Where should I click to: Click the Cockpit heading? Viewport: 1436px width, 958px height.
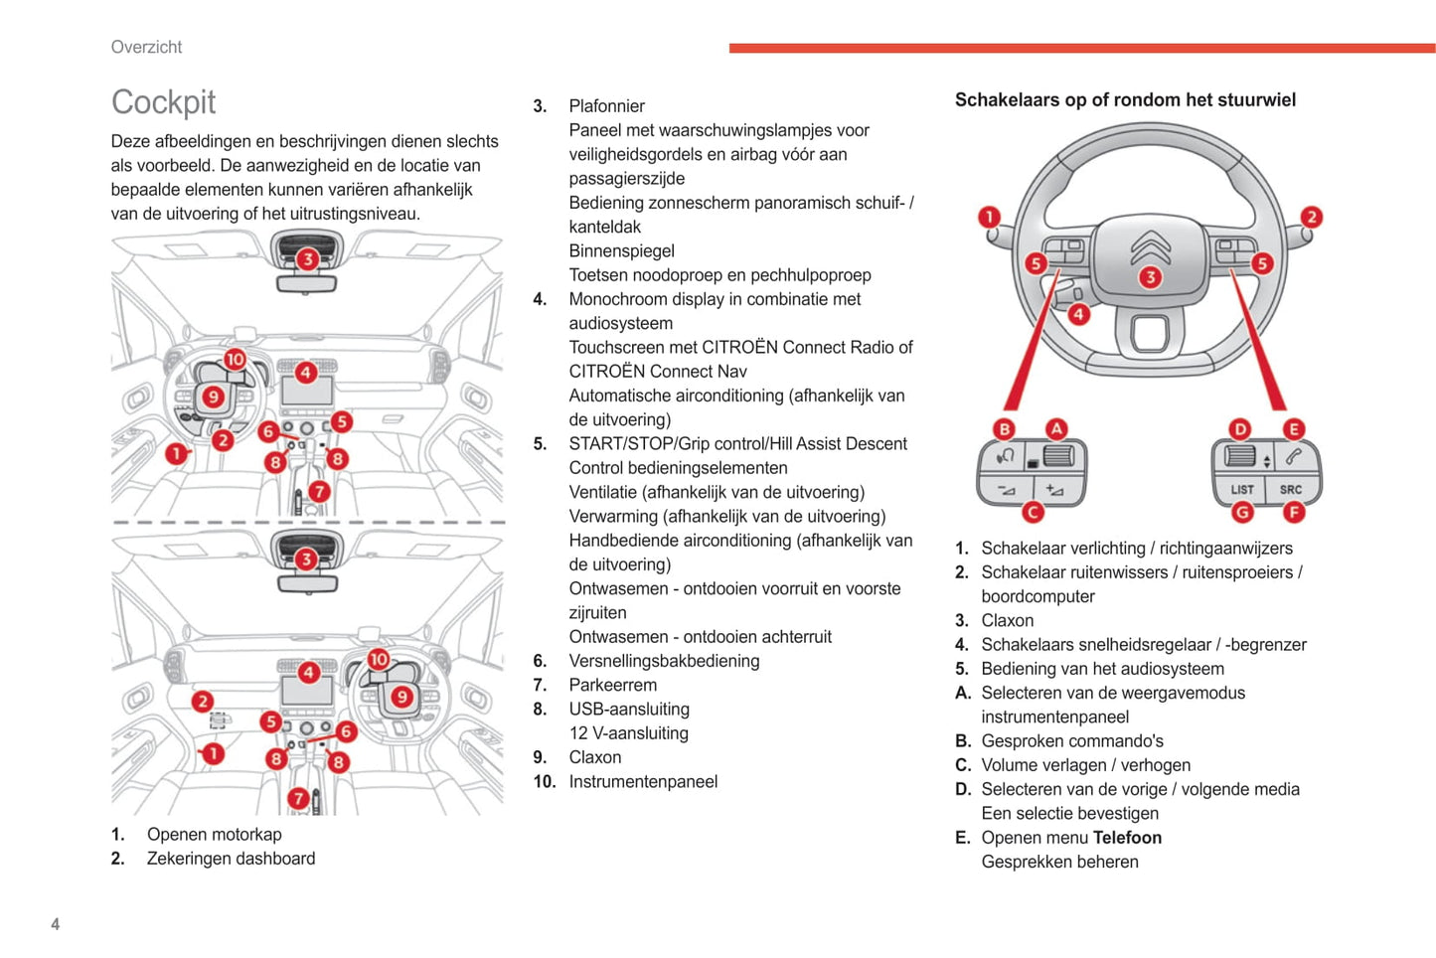pyautogui.click(x=163, y=102)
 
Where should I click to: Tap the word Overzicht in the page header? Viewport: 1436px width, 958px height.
pyautogui.click(x=146, y=47)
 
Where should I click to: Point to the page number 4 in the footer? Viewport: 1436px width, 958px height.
pyautogui.click(x=56, y=924)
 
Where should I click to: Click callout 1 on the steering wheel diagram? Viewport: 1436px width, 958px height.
pyautogui.click(x=989, y=217)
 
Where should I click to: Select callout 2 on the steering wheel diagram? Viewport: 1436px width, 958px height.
pyautogui.click(x=1312, y=217)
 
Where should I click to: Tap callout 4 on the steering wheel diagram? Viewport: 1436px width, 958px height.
pyautogui.click(x=1078, y=314)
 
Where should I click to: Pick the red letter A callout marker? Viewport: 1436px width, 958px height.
pyautogui.click(x=1056, y=429)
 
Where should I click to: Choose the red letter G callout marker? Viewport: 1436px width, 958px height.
pyautogui.click(x=1242, y=513)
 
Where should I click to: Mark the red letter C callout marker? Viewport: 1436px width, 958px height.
pyautogui.click(x=1034, y=513)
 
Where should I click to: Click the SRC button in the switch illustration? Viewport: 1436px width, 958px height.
pyautogui.click(x=1290, y=489)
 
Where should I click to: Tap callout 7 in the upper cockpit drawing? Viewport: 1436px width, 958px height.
pyautogui.click(x=319, y=491)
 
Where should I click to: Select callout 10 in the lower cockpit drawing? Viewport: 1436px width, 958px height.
pyautogui.click(x=379, y=659)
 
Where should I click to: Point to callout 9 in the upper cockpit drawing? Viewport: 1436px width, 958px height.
pyautogui.click(x=213, y=398)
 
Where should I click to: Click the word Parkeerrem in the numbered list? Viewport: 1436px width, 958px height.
pyautogui.click(x=612, y=685)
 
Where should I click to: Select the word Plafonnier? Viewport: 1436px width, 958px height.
pyautogui.click(x=606, y=106)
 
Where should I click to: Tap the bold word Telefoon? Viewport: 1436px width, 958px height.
pyautogui.click(x=1127, y=838)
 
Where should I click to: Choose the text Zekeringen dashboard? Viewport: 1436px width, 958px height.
pyautogui.click(x=231, y=859)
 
